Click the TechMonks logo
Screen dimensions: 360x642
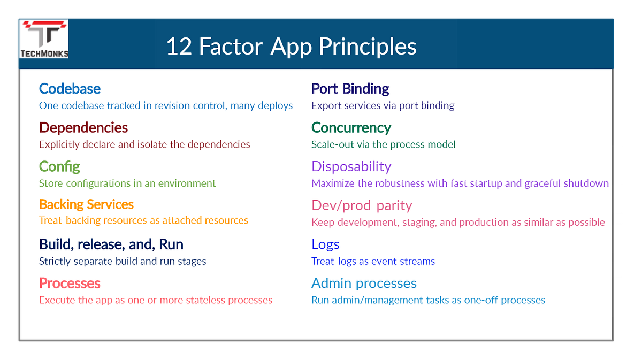point(44,39)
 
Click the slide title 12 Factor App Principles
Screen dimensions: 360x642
point(291,47)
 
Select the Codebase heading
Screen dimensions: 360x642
point(70,89)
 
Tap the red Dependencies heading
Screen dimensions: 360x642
point(83,128)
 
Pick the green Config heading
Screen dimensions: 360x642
point(59,167)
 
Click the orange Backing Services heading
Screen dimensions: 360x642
point(86,204)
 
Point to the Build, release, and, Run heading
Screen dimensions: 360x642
point(111,244)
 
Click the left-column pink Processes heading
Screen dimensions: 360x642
point(70,283)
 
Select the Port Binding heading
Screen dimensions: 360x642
point(350,89)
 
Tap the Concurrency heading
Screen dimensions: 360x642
point(351,128)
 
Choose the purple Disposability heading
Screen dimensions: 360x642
point(351,167)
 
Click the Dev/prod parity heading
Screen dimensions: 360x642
point(362,205)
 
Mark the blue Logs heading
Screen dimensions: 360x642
point(325,244)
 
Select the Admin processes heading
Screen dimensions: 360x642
point(364,283)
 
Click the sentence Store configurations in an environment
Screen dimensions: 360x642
point(127,183)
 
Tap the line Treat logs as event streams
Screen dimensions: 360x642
point(373,261)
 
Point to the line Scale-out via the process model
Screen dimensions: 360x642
point(383,144)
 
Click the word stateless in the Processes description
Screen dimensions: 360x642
point(206,300)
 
